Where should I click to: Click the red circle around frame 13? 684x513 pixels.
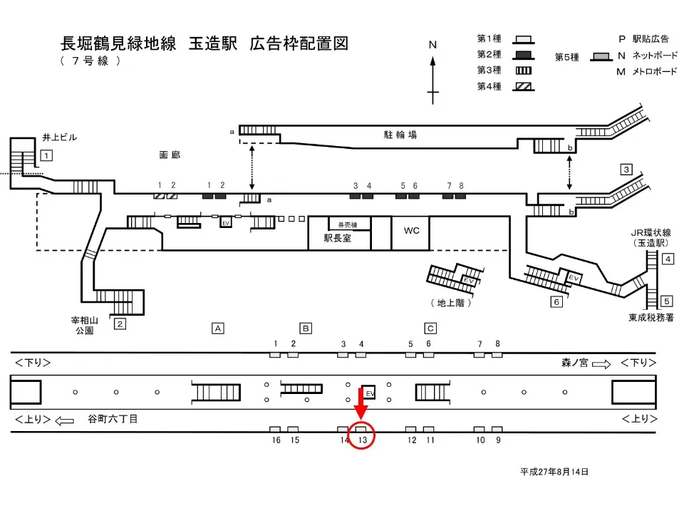[362, 435]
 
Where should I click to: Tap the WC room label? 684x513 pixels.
[411, 230]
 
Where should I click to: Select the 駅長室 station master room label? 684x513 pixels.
[337, 238]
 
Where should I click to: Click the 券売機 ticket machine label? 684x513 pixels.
[348, 224]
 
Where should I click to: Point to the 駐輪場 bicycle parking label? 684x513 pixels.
[400, 135]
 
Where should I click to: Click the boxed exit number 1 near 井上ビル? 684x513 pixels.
[47, 155]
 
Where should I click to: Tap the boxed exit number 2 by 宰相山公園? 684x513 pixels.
[120, 323]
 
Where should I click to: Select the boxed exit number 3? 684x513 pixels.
[626, 170]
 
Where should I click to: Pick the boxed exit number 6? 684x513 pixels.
[556, 302]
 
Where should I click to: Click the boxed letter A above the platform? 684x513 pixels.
[218, 328]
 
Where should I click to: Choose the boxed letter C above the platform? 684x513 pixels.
[430, 328]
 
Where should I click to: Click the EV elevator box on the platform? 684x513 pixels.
[369, 392]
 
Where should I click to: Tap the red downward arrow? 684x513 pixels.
[361, 403]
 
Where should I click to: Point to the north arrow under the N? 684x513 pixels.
[432, 81]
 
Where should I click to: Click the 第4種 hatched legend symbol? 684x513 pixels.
[524, 86]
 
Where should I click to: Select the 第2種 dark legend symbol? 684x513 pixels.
[524, 56]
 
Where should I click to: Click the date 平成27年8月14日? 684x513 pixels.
[554, 472]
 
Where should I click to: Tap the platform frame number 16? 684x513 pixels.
[276, 440]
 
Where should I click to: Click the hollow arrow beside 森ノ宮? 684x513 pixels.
[601, 364]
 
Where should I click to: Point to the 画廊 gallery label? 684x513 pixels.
[170, 155]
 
